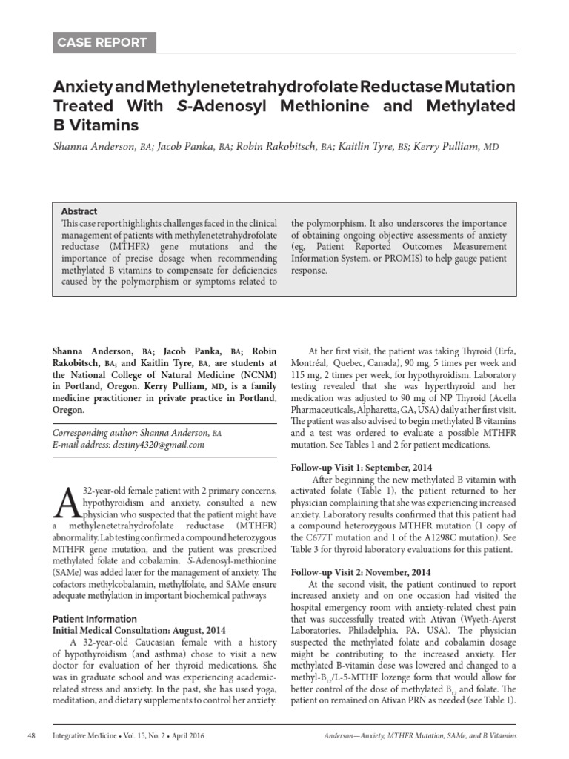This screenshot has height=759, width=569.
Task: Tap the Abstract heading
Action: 79,211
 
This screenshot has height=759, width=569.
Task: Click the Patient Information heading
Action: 94,619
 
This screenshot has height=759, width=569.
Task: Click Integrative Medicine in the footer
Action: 84,735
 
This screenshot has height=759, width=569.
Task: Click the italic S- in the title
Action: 183,106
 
